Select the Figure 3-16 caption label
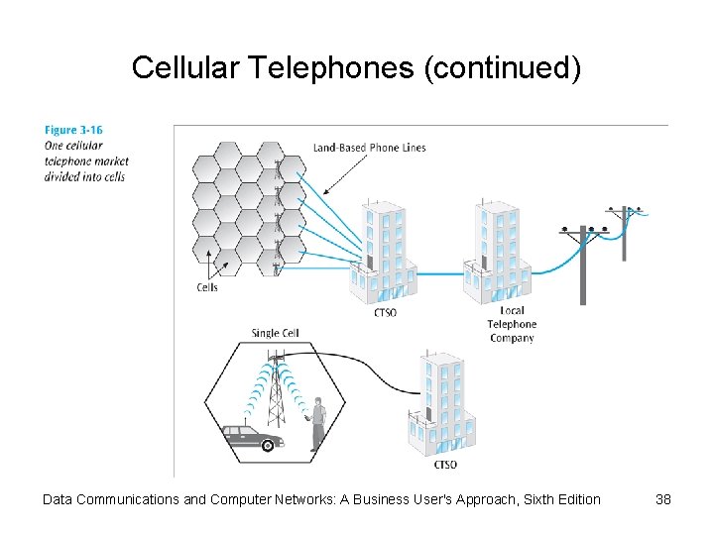[x=73, y=130]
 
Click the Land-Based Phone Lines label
[x=369, y=148]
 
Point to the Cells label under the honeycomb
[x=206, y=287]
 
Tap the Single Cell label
[x=275, y=333]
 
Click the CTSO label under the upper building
[x=385, y=313]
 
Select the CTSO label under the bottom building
[x=445, y=465]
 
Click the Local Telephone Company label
[x=512, y=324]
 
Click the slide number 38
[x=663, y=499]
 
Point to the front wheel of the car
[x=267, y=445]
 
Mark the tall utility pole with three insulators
[x=583, y=263]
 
